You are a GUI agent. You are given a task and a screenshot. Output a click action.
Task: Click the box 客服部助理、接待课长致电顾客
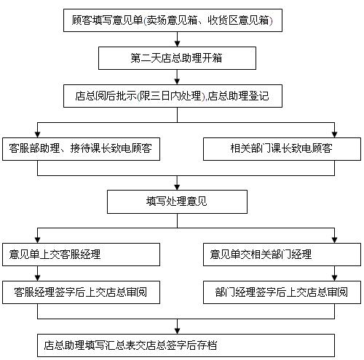coord(81,150)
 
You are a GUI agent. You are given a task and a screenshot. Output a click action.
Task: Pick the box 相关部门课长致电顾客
coord(281,150)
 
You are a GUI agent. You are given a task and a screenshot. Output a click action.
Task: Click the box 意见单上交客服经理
coord(81,255)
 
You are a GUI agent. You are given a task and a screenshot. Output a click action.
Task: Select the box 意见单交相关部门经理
coord(281,255)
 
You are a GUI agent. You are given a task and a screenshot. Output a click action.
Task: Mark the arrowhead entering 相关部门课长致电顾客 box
coord(334,134)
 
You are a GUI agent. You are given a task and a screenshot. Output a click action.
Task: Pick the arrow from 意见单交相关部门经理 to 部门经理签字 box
coord(334,273)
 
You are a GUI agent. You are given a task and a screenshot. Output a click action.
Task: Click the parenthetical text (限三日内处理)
coord(175,95)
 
